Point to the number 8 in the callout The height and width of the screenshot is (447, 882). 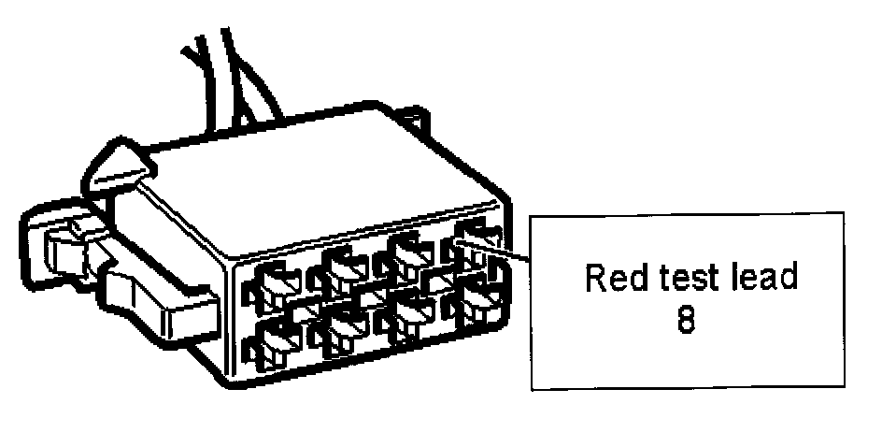coord(687,323)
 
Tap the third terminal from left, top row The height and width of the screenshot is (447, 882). coord(408,255)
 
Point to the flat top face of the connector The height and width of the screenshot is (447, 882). coord(308,178)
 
